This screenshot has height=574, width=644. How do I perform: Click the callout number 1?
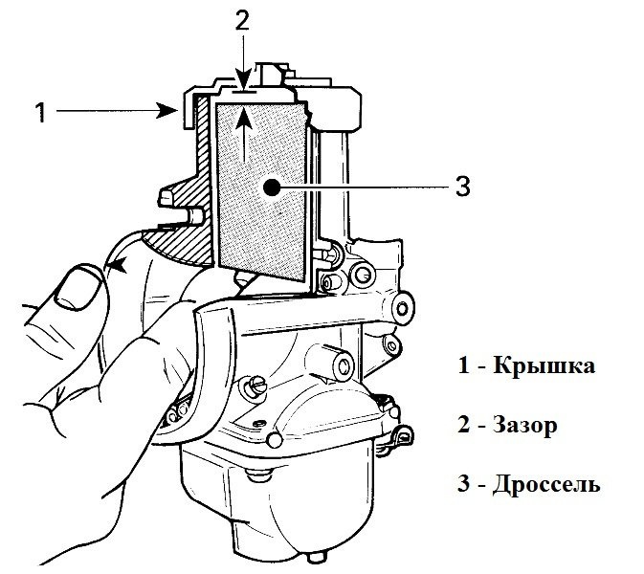40,113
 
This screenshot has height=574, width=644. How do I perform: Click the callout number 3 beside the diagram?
462,188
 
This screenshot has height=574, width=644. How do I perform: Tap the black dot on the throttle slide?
273,188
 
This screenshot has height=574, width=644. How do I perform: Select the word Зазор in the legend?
525,425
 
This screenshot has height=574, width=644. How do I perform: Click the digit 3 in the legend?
463,484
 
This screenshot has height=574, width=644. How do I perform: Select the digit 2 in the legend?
463,425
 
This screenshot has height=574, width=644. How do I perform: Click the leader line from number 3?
364,188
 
